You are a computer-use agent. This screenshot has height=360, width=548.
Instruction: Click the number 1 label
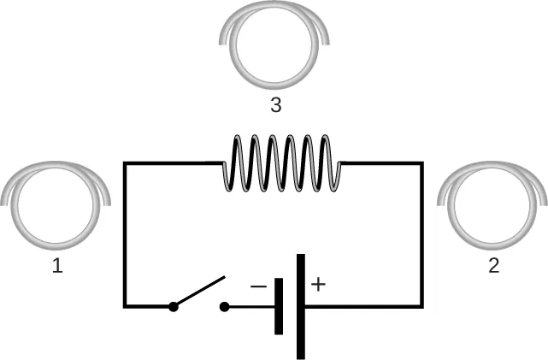point(57,266)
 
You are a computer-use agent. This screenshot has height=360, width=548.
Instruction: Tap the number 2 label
point(493,266)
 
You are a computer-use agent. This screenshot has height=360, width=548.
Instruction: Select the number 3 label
point(275,106)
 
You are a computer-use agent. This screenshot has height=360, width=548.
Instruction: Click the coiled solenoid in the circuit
point(281,163)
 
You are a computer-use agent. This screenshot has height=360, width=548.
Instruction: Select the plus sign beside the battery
point(318,285)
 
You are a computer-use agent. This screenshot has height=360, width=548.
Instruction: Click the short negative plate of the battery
point(279,305)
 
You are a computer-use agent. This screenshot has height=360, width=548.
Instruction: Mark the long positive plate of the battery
point(301,306)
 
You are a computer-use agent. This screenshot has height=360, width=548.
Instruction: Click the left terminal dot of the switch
point(174,306)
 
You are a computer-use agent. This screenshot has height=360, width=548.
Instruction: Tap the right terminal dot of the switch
point(225,306)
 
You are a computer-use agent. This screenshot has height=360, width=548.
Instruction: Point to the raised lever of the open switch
point(200,292)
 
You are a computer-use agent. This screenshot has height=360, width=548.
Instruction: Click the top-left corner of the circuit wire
point(126,163)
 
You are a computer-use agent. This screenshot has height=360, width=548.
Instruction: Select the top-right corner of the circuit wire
point(421,163)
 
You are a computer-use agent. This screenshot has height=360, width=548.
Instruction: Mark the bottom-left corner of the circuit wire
point(126,305)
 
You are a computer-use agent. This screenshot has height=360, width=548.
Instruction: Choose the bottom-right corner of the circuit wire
point(421,305)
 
